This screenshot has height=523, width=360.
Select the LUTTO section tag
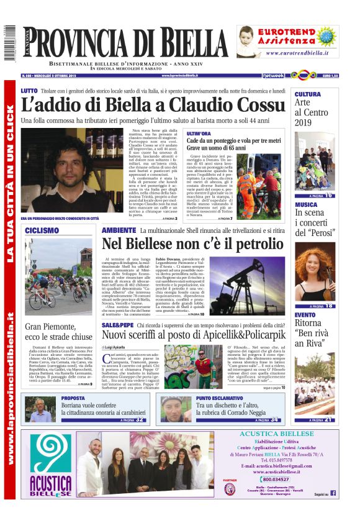29,91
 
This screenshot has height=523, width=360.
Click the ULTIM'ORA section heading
199,134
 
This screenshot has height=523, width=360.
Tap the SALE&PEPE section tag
116,324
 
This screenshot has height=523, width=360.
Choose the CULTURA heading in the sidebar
308,94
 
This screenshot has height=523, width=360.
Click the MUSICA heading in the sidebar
306,204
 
